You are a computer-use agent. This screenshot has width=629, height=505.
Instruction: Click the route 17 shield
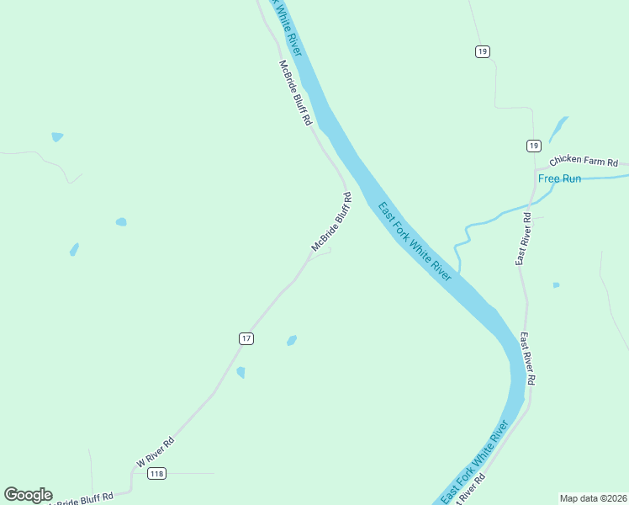tap(246, 338)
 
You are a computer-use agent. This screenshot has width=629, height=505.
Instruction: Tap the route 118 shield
tap(156, 474)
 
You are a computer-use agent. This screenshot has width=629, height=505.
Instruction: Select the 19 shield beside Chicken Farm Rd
tap(533, 146)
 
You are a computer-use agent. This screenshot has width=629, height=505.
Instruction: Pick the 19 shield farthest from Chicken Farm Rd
tap(482, 51)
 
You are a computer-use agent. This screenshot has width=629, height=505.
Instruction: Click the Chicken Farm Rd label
tap(584, 162)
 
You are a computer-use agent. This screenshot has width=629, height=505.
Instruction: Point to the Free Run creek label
tap(560, 178)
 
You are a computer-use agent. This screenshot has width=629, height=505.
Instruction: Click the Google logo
tap(28, 495)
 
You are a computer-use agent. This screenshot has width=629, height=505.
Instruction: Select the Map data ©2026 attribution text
tap(593, 498)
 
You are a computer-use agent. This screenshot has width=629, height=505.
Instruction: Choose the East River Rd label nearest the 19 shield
tap(523, 239)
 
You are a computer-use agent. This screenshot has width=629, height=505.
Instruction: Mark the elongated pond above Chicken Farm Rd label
tap(558, 129)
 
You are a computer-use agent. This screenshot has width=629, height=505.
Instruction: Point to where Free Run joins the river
tap(459, 274)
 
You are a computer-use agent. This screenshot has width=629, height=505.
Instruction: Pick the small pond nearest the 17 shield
tap(292, 340)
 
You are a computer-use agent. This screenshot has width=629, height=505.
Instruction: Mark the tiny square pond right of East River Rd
tap(556, 285)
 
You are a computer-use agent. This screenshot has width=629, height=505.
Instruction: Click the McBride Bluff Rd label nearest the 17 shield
tap(330, 222)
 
